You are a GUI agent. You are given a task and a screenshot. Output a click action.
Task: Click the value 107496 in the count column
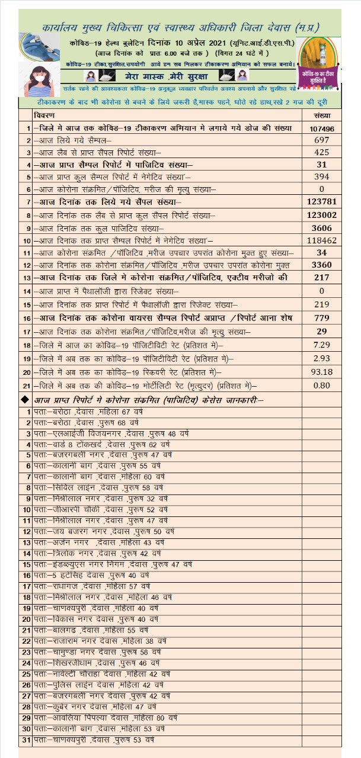[x=322, y=129]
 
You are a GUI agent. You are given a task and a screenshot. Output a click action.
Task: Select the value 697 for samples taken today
[x=322, y=140]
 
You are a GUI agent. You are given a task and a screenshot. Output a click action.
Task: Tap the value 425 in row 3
[x=322, y=152]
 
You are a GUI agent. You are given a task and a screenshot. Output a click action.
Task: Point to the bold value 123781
[x=322, y=203]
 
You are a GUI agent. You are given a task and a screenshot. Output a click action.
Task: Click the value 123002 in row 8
[x=322, y=216]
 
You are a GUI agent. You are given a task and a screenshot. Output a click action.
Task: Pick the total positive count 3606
[x=322, y=228]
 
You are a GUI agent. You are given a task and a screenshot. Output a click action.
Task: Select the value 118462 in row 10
[x=322, y=241]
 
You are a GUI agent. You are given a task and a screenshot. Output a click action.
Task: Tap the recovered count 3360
[x=322, y=265]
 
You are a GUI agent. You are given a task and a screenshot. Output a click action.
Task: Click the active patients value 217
[x=322, y=278]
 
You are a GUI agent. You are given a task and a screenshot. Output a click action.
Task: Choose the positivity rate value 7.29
[x=322, y=345]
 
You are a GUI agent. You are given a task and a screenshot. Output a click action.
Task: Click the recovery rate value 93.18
[x=322, y=372]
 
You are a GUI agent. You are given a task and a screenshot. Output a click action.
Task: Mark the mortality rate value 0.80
[x=322, y=385]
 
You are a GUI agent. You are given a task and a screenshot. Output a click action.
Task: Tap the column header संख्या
[x=322, y=115]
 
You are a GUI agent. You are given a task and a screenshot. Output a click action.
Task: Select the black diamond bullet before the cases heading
[x=24, y=400]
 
